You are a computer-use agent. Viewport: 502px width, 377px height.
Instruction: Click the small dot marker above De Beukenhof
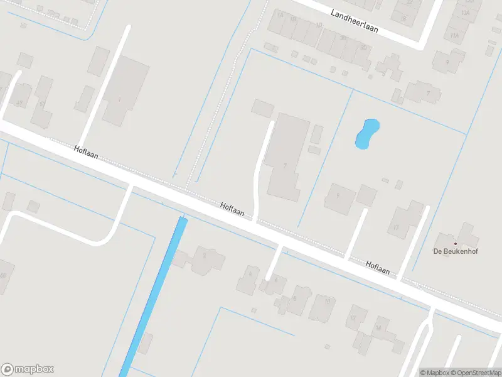[x=456, y=243]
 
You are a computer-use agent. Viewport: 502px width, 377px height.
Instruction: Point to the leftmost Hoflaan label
[x=86, y=151]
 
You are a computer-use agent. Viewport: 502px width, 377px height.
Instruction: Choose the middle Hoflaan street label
[x=232, y=209]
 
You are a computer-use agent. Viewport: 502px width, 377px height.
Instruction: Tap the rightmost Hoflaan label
[x=378, y=268]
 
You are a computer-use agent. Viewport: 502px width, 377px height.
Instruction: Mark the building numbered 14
[x=378, y=328]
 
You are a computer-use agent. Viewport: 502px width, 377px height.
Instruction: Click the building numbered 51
[x=42, y=102]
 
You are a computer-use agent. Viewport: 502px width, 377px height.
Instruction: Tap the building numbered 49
[x=20, y=102]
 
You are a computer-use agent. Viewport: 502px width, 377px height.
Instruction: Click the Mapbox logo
[x=28, y=369]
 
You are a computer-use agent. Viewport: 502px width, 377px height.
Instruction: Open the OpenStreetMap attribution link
[x=475, y=373]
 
